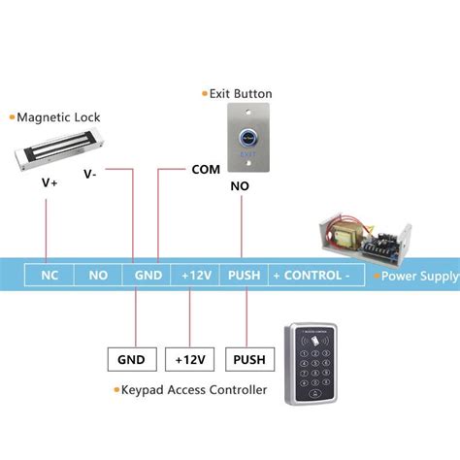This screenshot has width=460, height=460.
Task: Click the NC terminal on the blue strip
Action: pyautogui.click(x=49, y=275)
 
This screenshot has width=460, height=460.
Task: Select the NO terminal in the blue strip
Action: pyautogui.click(x=98, y=275)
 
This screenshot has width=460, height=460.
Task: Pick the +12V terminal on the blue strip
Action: pyautogui.click(x=196, y=275)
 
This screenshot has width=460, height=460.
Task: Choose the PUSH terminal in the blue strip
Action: pyautogui.click(x=244, y=275)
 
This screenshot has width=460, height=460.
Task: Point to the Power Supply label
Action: pyautogui.click(x=419, y=277)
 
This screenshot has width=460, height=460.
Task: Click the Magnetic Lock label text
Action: pyautogui.click(x=58, y=117)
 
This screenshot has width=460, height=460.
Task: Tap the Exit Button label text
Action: pyautogui.click(x=241, y=94)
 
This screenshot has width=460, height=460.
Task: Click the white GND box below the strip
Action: pyautogui.click(x=132, y=360)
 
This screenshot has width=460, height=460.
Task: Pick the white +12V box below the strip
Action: pyautogui.click(x=189, y=360)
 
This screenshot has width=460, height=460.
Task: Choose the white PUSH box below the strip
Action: pyautogui.click(x=248, y=360)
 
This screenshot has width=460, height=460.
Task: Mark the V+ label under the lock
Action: pyautogui.click(x=49, y=181)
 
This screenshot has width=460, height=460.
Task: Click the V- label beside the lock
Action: pyautogui.click(x=89, y=175)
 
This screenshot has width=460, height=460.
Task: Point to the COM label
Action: pyautogui.click(x=207, y=168)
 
